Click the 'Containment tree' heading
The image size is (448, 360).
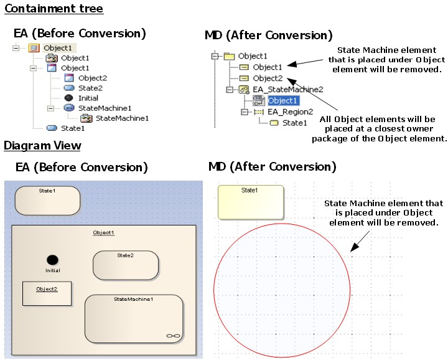click(x=54, y=9)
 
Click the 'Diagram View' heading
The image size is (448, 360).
click(x=42, y=146)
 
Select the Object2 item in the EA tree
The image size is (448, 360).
click(x=92, y=78)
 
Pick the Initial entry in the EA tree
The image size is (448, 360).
click(x=88, y=98)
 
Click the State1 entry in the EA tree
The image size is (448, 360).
click(x=72, y=128)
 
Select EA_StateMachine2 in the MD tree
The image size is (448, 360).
click(x=287, y=89)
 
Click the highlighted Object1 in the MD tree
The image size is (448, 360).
click(x=282, y=100)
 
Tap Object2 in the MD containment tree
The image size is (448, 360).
click(x=268, y=78)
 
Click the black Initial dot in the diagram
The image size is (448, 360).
click(x=53, y=260)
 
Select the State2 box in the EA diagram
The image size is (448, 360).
click(x=125, y=265)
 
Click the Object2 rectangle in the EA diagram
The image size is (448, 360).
click(x=47, y=293)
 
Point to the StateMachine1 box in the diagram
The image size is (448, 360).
click(x=134, y=318)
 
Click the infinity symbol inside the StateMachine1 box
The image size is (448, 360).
click(x=173, y=336)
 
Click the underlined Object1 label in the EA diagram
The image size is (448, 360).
click(x=104, y=232)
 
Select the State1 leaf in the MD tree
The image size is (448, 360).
click(x=294, y=123)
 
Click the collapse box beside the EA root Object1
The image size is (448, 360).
click(x=16, y=48)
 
